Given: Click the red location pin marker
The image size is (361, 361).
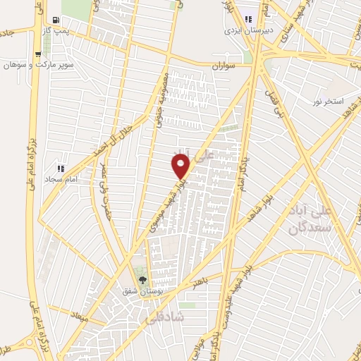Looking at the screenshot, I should (181, 166).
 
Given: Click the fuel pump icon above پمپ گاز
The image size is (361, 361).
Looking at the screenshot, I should (56, 20).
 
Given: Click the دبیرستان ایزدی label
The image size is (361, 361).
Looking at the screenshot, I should (243, 31).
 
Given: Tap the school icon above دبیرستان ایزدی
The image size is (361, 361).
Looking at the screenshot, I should (247, 19).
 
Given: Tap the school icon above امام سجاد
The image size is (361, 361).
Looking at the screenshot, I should (61, 169).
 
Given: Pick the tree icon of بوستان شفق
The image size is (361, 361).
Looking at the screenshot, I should (142, 281).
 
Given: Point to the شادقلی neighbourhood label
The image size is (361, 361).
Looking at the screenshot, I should (164, 318).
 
